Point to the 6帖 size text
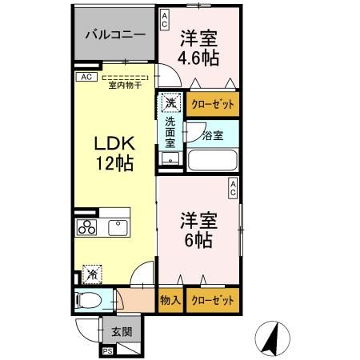[x=198, y=238]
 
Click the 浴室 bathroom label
[x=213, y=134]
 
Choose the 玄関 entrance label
[x=122, y=332]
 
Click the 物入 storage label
[x=170, y=301]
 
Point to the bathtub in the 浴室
[x=213, y=159]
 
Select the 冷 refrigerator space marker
[x=92, y=274]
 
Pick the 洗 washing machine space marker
[x=170, y=102]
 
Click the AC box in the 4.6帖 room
[x=164, y=19]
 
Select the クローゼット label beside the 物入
[x=213, y=301]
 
